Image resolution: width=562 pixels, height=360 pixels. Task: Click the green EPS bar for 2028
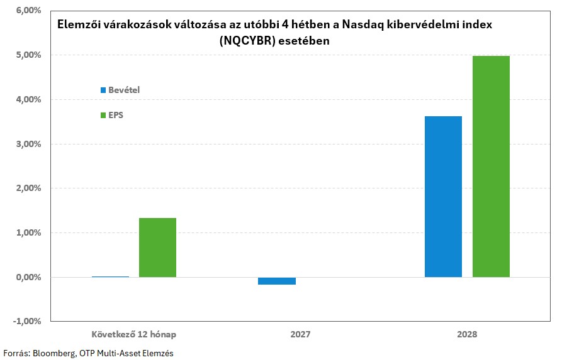(491, 166)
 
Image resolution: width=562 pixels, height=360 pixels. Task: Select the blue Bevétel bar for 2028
(443, 197)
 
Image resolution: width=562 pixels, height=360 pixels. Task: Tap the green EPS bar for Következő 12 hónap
(157, 248)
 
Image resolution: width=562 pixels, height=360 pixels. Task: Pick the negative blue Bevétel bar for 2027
(277, 281)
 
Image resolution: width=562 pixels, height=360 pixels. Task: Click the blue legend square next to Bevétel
(103, 90)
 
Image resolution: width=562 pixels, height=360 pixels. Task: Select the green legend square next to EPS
(103, 116)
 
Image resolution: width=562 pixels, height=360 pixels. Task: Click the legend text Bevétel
(124, 90)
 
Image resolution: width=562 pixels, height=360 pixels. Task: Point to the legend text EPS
(116, 116)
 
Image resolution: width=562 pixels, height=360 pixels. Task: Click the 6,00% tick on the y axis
(26, 11)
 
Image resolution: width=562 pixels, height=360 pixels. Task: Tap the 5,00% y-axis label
(26, 55)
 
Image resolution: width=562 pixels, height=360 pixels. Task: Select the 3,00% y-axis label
(26, 144)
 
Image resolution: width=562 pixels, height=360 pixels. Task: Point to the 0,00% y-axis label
(26, 277)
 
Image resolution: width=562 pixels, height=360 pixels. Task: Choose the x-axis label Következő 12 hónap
(130, 334)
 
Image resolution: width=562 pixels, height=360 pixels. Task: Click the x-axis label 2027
(300, 334)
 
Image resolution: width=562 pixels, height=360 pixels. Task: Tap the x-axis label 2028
(467, 334)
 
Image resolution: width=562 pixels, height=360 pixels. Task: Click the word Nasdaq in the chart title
(352, 25)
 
